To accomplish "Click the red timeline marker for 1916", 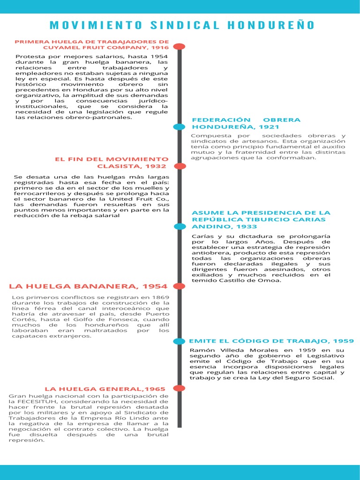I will click(179, 46).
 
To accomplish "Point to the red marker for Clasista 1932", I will click(179, 166).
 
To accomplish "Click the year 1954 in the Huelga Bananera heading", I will click(155, 286).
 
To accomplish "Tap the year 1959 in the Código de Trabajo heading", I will click(343, 341).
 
